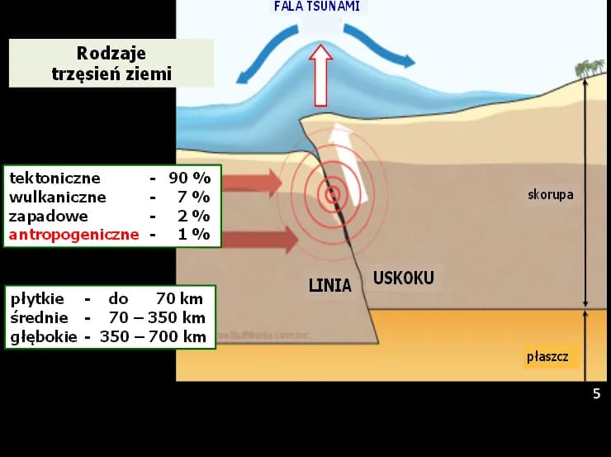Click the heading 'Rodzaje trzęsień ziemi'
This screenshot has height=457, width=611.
(x=111, y=64)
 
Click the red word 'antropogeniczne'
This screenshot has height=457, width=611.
(x=74, y=235)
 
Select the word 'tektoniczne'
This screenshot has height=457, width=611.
(x=54, y=178)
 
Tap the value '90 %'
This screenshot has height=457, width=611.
(x=190, y=178)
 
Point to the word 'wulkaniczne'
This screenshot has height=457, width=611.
(x=58, y=197)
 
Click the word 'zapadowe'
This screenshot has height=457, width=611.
(x=48, y=216)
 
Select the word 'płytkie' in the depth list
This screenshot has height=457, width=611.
(x=36, y=298)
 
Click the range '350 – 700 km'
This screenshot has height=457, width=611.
(x=153, y=336)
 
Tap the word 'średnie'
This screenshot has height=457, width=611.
(x=38, y=317)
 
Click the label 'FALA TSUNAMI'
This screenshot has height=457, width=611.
(x=317, y=7)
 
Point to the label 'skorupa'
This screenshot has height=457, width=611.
(x=550, y=195)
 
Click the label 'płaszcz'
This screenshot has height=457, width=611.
(x=547, y=357)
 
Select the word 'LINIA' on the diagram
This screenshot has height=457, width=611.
(x=329, y=286)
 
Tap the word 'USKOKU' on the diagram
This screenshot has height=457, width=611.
(x=403, y=278)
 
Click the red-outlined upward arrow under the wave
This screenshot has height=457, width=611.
(x=320, y=76)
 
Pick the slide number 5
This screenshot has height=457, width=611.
(x=597, y=394)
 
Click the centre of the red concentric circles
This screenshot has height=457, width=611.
(x=332, y=195)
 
